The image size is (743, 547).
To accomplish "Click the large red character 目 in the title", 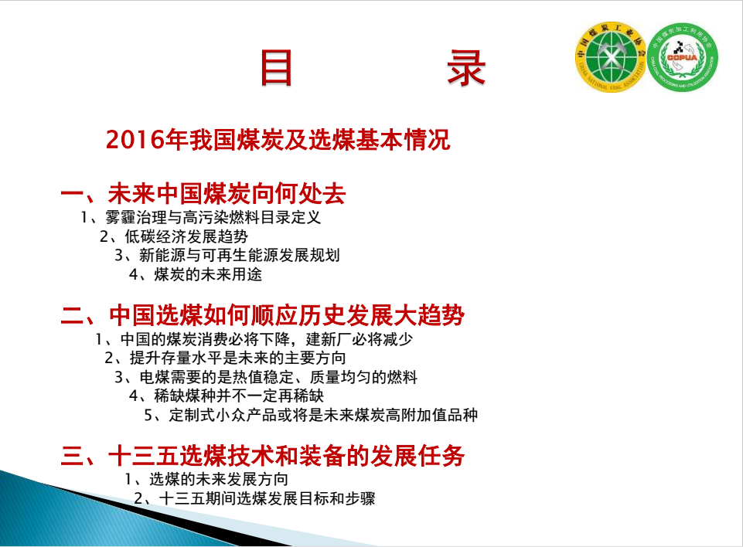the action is pos(276,68).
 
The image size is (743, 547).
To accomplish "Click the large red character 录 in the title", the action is pos(466,68).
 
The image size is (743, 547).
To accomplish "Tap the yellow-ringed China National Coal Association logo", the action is pos(610,57).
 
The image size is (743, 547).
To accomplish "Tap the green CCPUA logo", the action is pos(683,57).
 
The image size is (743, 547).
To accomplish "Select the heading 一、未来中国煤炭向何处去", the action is pos(203,193).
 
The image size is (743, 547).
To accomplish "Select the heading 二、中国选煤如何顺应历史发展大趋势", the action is pos(263,315).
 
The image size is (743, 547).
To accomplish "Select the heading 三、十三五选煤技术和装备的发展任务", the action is pos(263,456).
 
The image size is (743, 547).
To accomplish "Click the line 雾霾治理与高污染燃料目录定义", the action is pos(213,217).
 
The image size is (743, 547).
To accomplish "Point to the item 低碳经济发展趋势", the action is pos(186,236).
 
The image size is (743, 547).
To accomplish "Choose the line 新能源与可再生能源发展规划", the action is pos(240,255).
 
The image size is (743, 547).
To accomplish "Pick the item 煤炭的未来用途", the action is pos(208,274).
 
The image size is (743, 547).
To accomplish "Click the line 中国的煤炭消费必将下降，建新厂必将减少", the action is pos(267,339).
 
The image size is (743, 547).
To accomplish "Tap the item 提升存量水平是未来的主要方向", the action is pos(238,358).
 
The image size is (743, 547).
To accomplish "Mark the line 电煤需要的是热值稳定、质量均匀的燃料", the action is pos(278,377).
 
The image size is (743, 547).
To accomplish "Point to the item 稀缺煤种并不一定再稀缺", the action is pos(239,396).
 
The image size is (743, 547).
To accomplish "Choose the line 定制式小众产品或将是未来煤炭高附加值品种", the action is pos(323,415).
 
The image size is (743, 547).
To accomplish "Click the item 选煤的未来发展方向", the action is pos(219,479).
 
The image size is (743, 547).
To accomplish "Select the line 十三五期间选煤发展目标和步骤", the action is pos(268,498).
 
